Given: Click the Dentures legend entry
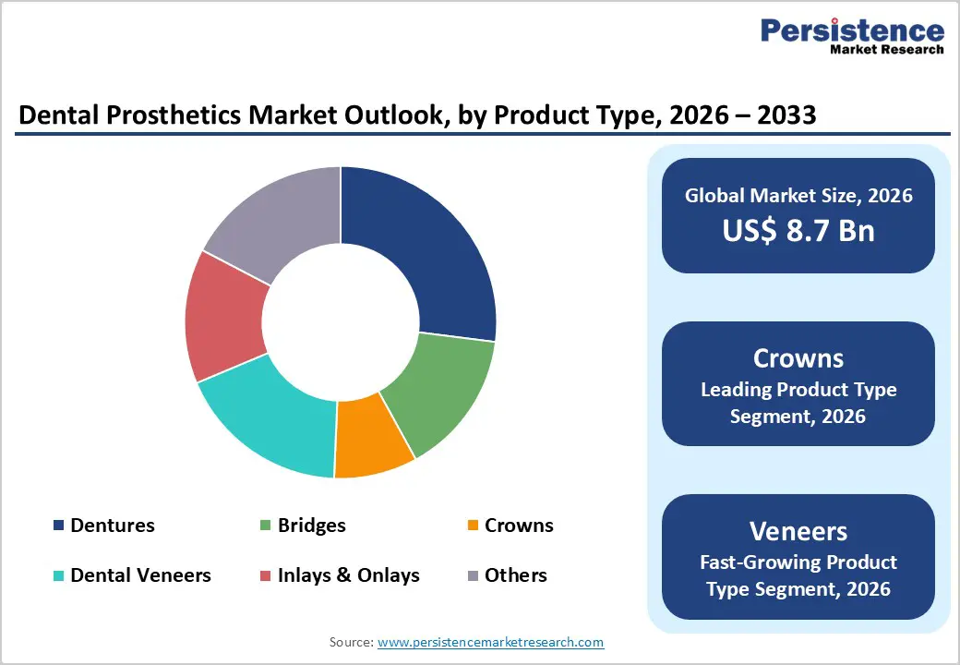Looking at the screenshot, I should tap(112, 526).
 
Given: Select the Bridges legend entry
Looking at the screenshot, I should tap(311, 526).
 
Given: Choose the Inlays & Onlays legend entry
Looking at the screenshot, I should tap(348, 575).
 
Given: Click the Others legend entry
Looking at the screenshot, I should tap(515, 575).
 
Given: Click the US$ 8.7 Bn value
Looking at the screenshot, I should tap(798, 229).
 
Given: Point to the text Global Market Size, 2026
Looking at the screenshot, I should tap(798, 195).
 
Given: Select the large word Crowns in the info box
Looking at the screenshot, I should tap(798, 358).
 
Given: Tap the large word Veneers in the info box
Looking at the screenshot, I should tap(798, 531).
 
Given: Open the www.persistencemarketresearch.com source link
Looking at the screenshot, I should tap(490, 642).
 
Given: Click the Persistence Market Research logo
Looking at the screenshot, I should tap(851, 37).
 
